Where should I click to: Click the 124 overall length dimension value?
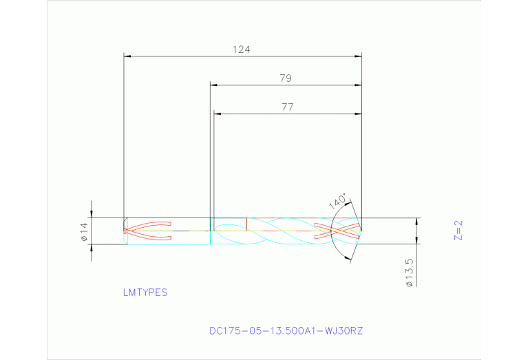coord(241,50)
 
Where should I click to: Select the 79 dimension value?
coord(285,78)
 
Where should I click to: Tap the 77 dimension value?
coord(287,107)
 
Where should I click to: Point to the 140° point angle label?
coord(337,201)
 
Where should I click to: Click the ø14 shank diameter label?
coord(84,232)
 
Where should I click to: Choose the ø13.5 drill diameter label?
coord(409,273)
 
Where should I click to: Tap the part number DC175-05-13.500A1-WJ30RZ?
coord(286,331)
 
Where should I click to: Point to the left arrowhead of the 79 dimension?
coord(213,85)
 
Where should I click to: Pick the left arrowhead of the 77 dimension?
coord(217,114)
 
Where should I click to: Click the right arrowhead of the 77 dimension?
coord(359,114)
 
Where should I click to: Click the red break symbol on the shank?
coord(147,231)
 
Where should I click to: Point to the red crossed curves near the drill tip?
coord(337,231)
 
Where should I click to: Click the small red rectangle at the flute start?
coord(229,224)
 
